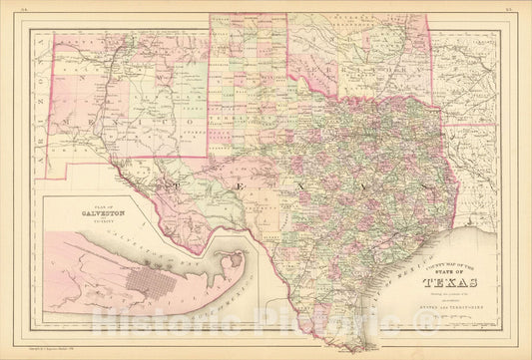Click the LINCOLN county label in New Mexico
tap(140, 120)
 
